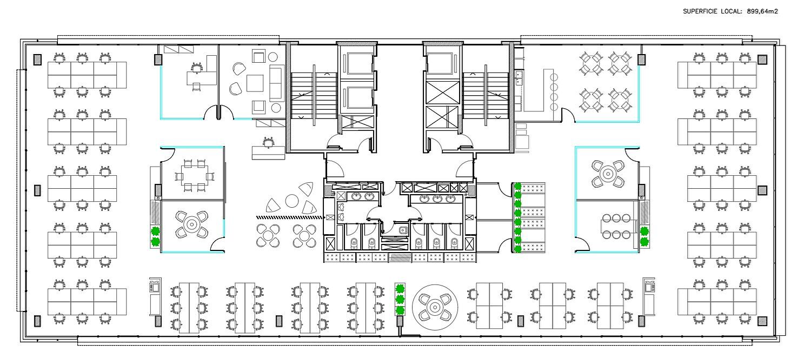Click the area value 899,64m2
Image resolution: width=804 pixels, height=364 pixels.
pos(762,11)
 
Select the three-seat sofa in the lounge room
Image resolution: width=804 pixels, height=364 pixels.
pos(276,83)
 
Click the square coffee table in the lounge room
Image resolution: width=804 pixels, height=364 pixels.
pos(255,83)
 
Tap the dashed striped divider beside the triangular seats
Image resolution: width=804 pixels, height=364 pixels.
pos(289,217)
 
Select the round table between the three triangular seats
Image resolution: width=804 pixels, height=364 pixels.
pos(292,201)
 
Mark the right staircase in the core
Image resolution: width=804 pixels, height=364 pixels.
pos(486,96)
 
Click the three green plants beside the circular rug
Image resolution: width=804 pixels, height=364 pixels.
pos(400,299)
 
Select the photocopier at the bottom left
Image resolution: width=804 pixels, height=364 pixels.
pos(155,295)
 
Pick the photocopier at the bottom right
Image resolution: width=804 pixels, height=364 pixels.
pos(649,295)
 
